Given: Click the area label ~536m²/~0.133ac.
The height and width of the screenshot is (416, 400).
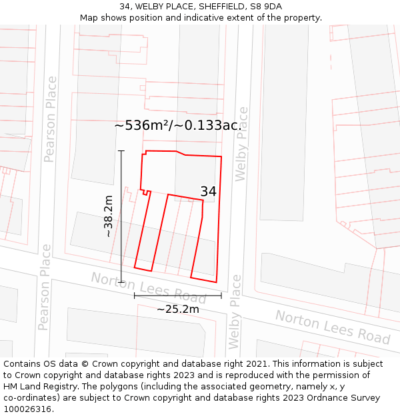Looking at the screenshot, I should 178,125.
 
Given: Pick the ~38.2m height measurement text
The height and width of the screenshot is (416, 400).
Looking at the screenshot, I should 108,216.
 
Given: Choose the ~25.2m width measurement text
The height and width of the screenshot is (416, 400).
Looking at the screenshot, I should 178,309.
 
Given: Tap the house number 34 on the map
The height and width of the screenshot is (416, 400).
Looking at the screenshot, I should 208,192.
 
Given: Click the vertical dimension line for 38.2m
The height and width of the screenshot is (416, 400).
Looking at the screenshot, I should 121,216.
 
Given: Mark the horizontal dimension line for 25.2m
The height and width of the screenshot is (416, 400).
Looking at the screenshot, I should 178,296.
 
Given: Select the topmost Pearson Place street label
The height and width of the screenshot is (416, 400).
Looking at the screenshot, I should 49,119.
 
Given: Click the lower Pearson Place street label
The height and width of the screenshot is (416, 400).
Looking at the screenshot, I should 45,287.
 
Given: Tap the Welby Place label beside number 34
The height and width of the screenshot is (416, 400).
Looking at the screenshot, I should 241,143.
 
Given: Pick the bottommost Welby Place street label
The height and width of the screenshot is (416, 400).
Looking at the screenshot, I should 234,312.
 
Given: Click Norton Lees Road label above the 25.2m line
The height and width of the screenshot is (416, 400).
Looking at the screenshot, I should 149,287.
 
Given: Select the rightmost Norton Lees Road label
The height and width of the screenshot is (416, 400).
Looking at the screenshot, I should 333,327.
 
